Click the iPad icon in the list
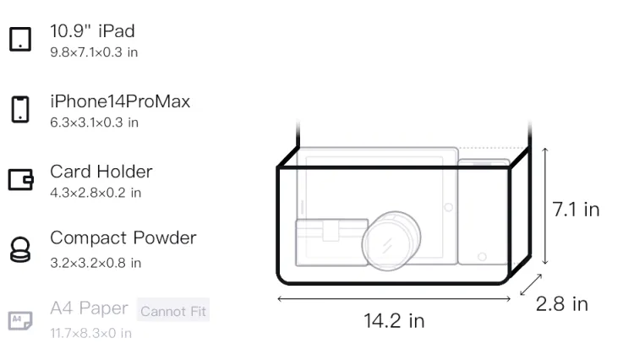click(20, 39)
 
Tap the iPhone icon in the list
click(20, 109)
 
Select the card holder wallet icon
click(20, 179)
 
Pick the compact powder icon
click(20, 249)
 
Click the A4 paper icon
click(20, 320)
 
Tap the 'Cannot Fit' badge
click(173, 311)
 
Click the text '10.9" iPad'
click(93, 31)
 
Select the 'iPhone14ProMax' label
click(120, 101)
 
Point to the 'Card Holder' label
click(101, 172)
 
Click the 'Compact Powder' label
click(123, 238)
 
